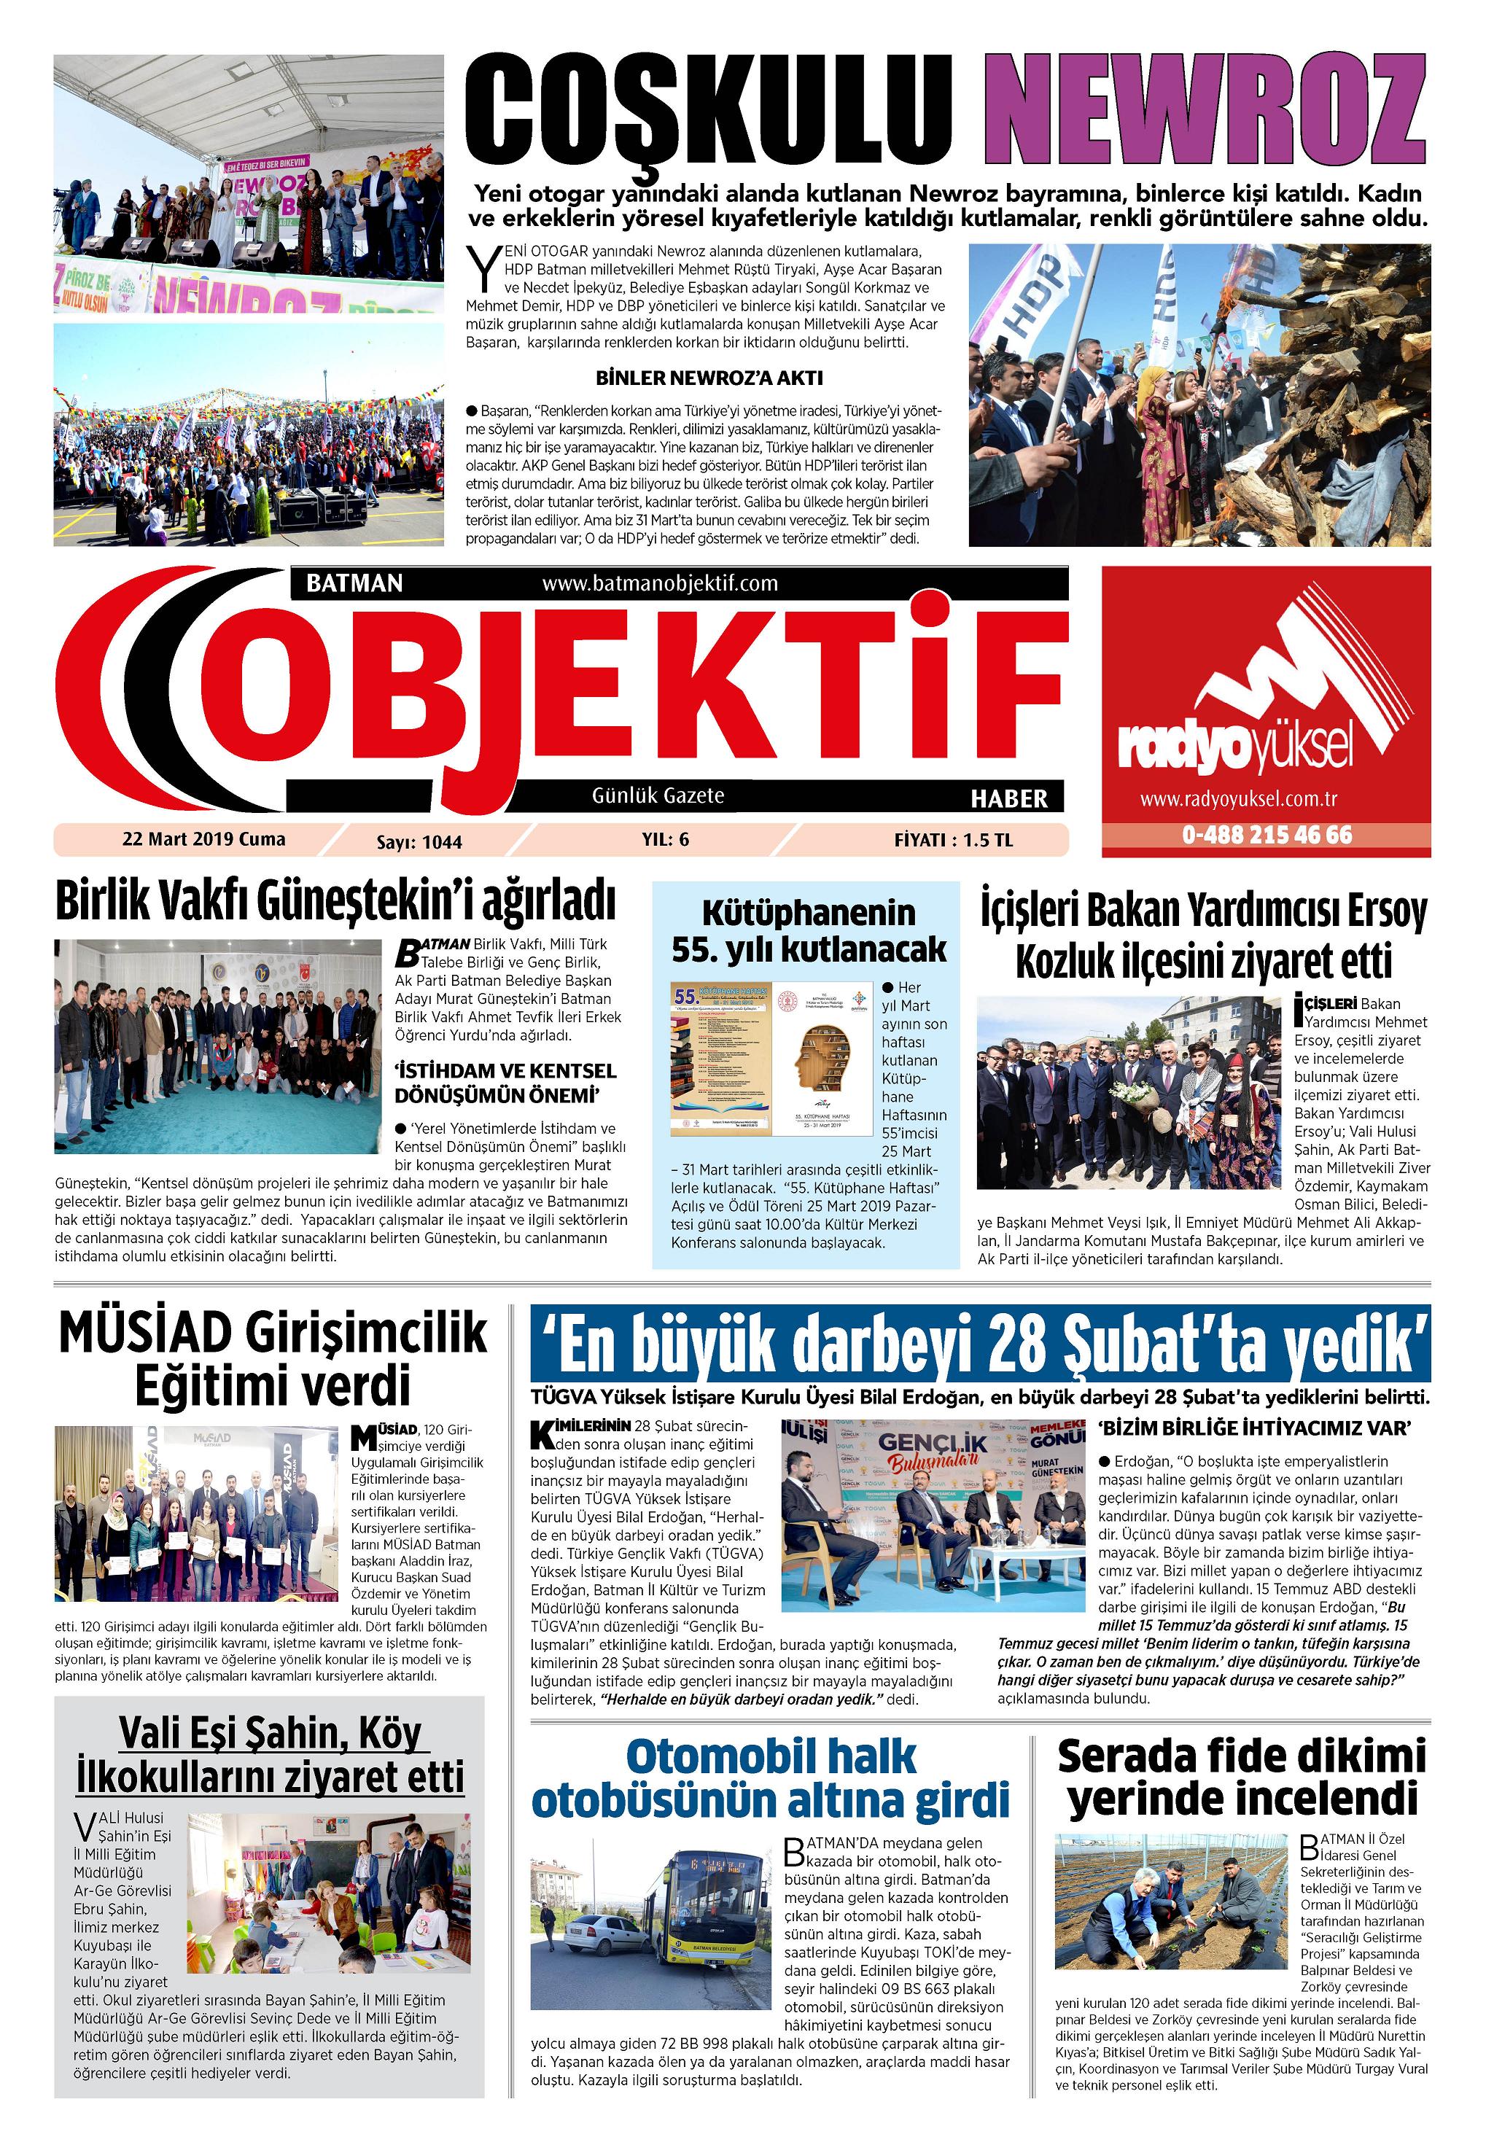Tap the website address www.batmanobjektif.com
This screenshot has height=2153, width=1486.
[x=659, y=583]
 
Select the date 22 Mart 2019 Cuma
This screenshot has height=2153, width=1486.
[x=204, y=838]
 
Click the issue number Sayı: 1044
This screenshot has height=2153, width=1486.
[x=419, y=841]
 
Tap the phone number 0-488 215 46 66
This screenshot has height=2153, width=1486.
[x=1267, y=835]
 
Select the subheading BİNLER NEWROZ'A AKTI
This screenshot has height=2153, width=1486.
[x=709, y=378]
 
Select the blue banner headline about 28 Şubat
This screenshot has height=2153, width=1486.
[x=979, y=1345]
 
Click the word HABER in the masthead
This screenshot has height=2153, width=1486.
[x=1009, y=798]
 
